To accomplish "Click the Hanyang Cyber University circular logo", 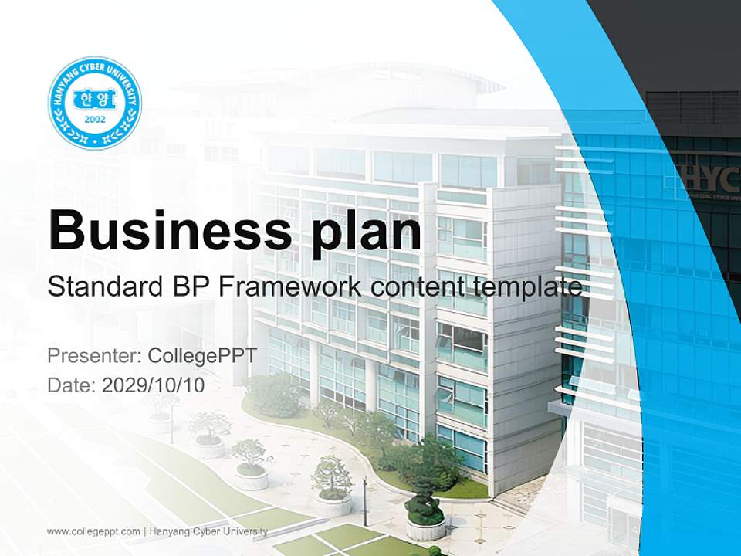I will tap(95, 103).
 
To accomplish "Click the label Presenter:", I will tap(92, 356).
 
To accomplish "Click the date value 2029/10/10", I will tap(154, 385).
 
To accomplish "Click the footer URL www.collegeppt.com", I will tap(93, 531).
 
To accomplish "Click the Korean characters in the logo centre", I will tap(95, 99).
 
